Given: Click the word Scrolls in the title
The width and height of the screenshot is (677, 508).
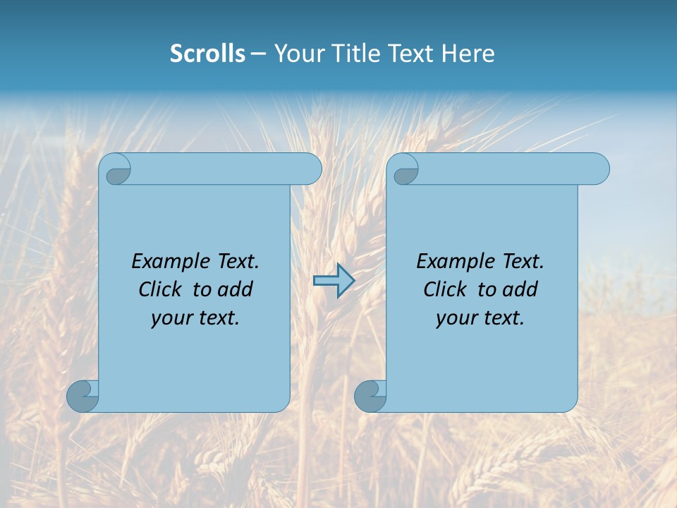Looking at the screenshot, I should [x=207, y=54].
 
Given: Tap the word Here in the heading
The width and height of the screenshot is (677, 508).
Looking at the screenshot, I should [x=468, y=54].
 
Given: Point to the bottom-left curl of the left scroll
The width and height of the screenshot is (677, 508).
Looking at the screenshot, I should [x=83, y=396].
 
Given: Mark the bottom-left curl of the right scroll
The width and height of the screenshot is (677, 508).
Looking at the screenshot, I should [x=370, y=396].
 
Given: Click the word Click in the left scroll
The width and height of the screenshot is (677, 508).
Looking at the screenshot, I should [x=162, y=289].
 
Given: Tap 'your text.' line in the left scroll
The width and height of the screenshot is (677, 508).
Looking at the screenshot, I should [x=195, y=318].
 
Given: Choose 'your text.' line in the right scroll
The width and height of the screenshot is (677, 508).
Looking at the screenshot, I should [x=480, y=318].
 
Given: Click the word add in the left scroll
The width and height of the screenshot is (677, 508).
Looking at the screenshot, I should [x=235, y=289].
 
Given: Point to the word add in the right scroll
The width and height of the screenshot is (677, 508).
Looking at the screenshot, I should [x=520, y=289].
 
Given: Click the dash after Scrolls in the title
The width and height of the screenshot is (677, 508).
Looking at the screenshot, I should [x=258, y=54].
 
